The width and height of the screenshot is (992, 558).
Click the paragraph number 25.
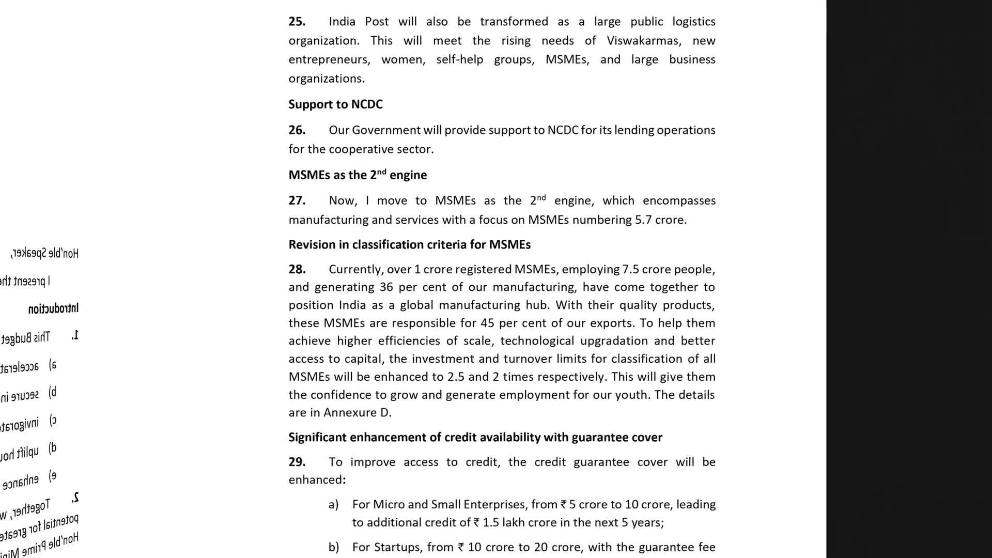point(297,22)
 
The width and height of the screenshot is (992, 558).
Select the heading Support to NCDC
point(335,104)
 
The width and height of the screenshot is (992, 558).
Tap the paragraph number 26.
point(297,130)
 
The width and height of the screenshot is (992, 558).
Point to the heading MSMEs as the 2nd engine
point(358,175)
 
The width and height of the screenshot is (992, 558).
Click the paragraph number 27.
point(297,200)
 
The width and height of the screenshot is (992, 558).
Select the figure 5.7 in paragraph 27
point(643,220)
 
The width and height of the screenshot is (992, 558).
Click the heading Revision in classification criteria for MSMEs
point(409,244)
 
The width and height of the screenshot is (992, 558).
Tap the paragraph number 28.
point(297,269)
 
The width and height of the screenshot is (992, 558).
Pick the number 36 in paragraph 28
point(386,287)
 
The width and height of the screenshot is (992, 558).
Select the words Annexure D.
point(357,413)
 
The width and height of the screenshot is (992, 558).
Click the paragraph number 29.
point(297,462)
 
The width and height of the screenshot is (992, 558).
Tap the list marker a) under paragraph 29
point(333,504)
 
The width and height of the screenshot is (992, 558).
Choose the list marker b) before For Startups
point(333,547)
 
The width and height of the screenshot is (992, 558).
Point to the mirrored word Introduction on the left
point(53,309)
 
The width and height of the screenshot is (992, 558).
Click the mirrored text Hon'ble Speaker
point(45,253)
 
